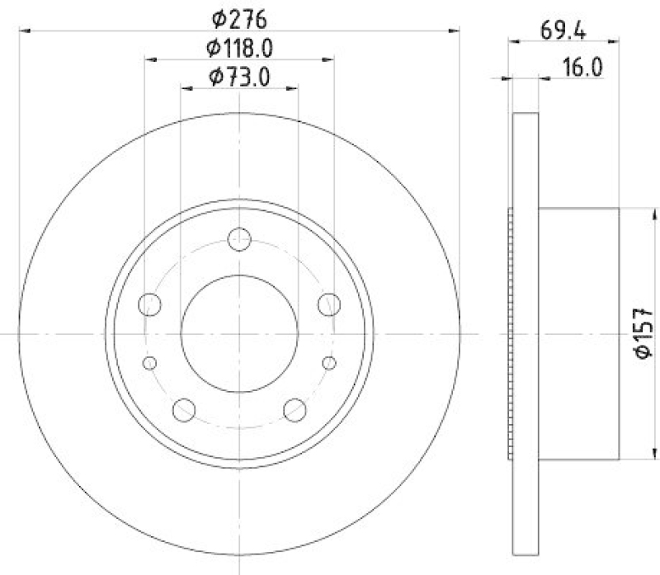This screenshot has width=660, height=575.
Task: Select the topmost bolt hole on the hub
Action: [238, 238]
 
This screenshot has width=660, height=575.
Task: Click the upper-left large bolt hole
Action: [150, 304]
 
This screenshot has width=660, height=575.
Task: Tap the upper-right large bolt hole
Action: [329, 304]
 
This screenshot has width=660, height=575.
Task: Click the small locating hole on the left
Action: [149, 363]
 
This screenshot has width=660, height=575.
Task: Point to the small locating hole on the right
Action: [329, 363]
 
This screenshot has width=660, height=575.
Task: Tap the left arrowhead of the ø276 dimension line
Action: [24, 31]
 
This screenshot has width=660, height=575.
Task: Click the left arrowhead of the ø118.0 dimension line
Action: [149, 59]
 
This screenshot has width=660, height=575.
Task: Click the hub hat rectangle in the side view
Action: [578, 334]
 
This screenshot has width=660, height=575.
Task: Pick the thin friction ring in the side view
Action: [526, 334]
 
